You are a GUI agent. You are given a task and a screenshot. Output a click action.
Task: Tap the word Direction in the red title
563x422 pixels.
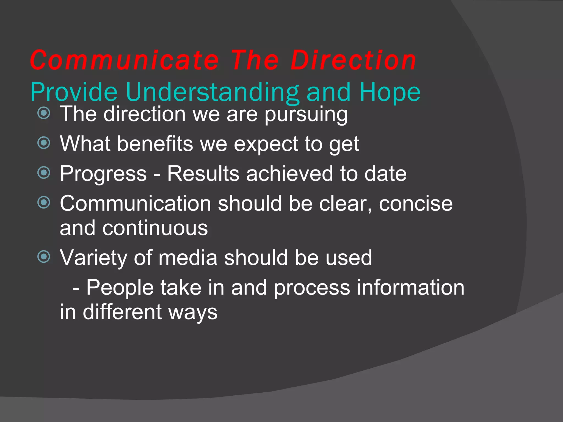353,60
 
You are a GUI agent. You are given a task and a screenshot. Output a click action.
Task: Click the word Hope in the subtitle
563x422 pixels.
390,93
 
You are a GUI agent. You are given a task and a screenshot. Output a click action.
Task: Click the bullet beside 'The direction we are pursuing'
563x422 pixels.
44,113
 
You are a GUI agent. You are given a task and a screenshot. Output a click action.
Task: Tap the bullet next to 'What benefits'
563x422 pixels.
44,143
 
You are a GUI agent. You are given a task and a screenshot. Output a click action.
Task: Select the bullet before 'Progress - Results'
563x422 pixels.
44,173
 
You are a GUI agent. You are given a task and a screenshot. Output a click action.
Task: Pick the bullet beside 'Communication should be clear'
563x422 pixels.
44,202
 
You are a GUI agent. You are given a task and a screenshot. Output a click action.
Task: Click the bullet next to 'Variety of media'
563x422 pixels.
44,257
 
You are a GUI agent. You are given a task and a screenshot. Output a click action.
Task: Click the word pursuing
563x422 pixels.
306,115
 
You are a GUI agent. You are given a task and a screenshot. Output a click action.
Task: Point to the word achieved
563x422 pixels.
290,174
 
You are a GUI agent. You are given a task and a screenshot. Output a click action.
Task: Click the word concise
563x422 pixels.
416,204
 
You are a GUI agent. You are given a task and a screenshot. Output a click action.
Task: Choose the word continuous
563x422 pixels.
155,228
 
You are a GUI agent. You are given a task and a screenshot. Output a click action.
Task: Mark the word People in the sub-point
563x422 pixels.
120,288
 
